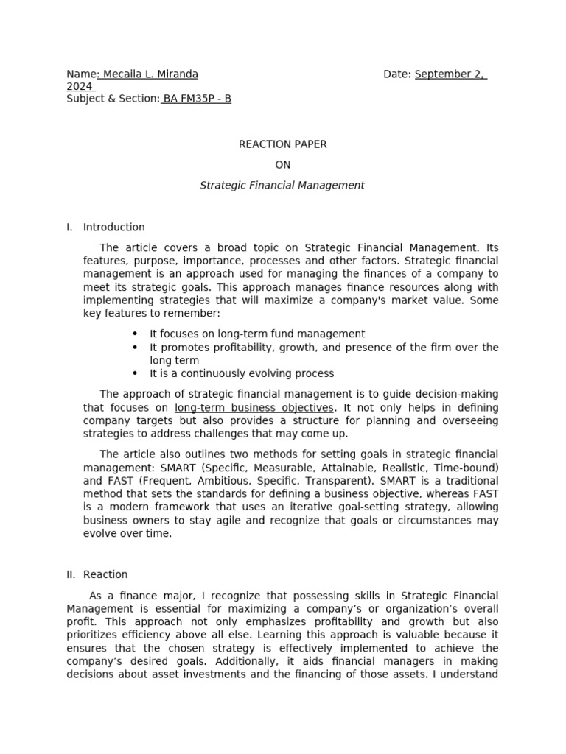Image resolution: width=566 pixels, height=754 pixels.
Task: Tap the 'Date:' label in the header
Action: [x=398, y=74]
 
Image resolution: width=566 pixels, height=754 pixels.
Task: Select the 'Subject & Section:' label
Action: [x=113, y=99]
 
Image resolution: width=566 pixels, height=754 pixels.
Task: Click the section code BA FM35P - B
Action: [x=197, y=99]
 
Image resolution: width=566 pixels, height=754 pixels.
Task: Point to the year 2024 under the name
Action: [x=79, y=87]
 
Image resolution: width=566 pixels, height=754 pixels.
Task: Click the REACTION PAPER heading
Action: [x=282, y=144]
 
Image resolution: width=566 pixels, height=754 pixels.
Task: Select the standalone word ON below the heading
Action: [x=282, y=165]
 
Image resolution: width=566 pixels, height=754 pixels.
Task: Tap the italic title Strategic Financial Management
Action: [x=282, y=186]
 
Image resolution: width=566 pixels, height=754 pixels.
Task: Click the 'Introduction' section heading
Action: [x=113, y=227]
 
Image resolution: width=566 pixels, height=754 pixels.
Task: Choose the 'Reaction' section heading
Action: [x=105, y=574]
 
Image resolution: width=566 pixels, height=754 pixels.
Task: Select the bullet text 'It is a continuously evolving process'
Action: [x=242, y=373]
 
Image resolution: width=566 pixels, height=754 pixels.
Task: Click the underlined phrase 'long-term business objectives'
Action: [x=254, y=408]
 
